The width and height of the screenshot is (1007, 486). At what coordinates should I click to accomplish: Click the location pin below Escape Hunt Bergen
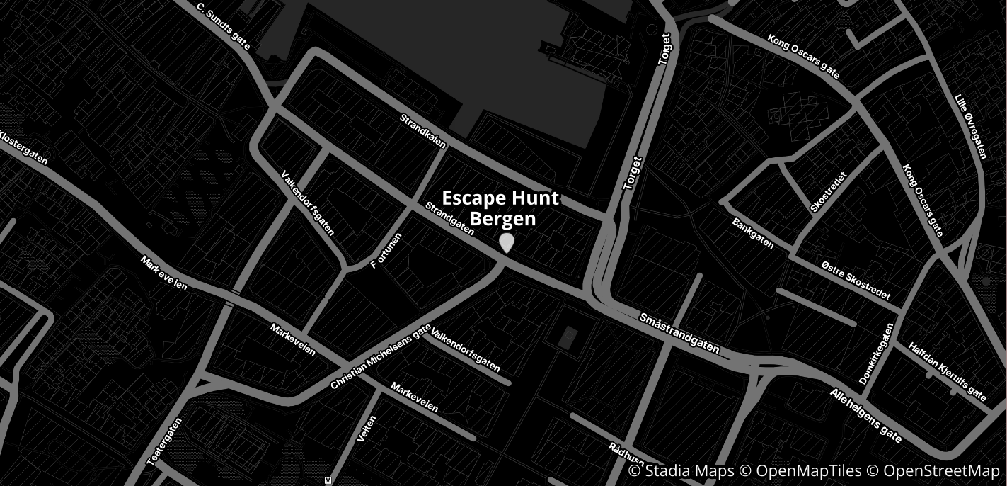click(507, 242)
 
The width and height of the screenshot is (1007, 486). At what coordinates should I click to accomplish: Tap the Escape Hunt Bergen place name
click(500, 208)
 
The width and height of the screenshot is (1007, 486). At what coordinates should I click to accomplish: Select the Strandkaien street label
click(423, 131)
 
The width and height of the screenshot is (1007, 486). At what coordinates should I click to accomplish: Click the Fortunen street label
click(386, 252)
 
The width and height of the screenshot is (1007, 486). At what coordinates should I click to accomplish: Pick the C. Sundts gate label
click(224, 28)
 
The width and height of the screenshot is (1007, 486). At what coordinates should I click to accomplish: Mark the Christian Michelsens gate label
click(380, 357)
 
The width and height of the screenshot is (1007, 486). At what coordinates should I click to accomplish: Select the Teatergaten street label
click(164, 441)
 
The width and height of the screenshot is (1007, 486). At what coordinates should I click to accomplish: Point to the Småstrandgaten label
click(679, 334)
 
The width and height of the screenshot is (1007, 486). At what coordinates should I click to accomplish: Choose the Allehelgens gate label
click(866, 415)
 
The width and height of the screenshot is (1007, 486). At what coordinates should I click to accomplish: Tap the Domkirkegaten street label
click(877, 354)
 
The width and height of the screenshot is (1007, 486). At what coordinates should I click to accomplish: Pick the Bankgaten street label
click(753, 233)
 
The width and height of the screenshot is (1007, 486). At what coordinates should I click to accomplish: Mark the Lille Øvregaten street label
click(970, 126)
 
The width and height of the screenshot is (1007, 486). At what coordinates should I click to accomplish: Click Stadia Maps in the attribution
click(681, 471)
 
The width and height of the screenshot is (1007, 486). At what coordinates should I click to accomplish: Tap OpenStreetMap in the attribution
click(941, 471)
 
